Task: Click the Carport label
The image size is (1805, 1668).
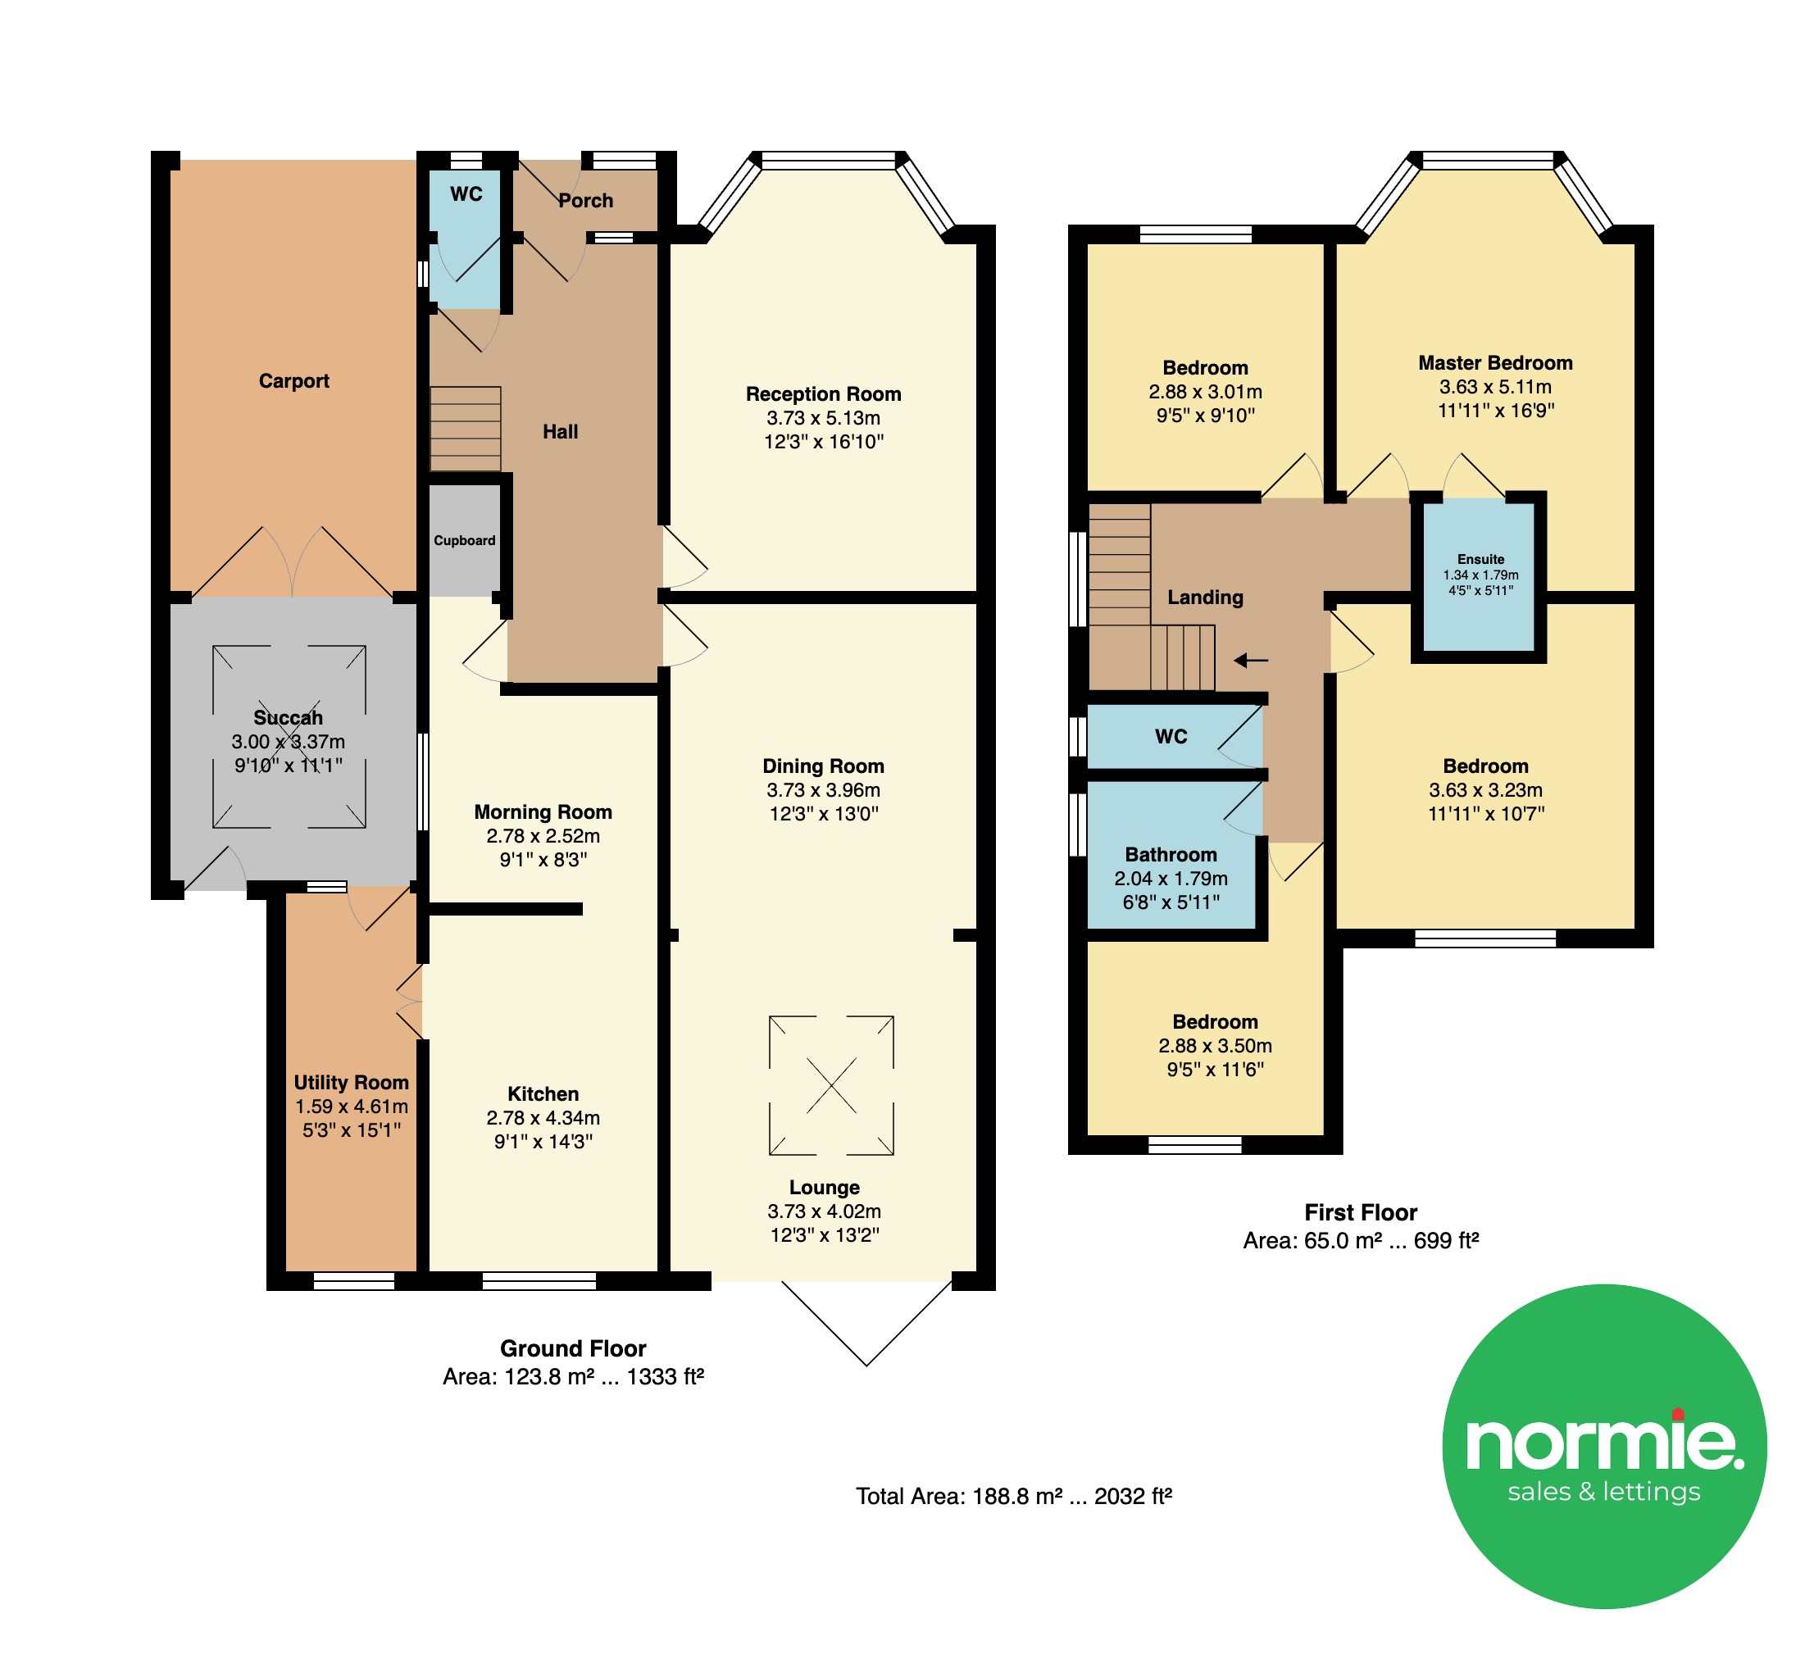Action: point(293,381)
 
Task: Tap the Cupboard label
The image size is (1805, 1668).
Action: point(464,541)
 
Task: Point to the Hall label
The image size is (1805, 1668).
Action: point(560,431)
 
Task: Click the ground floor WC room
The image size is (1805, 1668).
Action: point(465,239)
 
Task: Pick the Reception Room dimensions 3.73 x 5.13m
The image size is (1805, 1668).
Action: point(823,418)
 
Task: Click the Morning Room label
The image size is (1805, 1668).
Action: point(543,812)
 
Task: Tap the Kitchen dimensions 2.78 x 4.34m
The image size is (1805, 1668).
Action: point(543,1117)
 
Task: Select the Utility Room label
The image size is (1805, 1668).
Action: point(351,1082)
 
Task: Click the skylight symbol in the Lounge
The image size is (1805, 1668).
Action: point(831,1085)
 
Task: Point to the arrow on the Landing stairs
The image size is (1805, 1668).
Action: point(1251,661)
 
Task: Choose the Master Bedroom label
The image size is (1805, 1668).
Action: point(1494,363)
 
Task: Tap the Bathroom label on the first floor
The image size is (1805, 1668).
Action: point(1171,855)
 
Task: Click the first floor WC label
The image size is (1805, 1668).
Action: point(1171,737)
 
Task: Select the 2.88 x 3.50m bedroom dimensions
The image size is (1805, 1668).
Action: point(1215,1046)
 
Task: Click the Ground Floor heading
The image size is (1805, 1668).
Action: point(573,1348)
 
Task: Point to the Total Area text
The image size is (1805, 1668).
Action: point(1013,1497)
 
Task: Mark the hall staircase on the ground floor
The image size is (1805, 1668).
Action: point(465,429)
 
